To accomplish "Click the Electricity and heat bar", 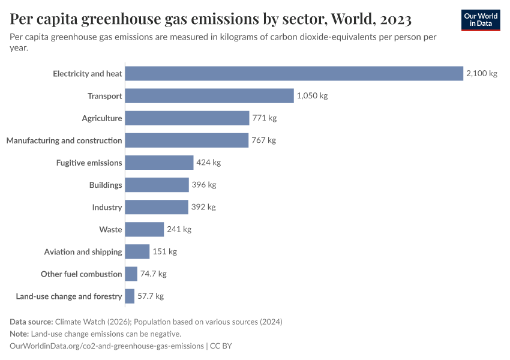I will click(x=294, y=74).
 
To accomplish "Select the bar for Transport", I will click(x=209, y=96).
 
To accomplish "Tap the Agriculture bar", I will click(x=187, y=118).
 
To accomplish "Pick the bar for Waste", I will click(x=145, y=229).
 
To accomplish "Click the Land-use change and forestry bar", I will click(x=130, y=296).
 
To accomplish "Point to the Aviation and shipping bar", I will click(x=137, y=251).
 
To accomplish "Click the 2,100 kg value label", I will click(x=482, y=74).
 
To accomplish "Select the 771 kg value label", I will click(x=264, y=118).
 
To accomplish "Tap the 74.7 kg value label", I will click(x=153, y=274).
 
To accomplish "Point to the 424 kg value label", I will click(x=208, y=163).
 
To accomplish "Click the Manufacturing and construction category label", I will click(x=64, y=140).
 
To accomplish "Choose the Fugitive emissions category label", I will click(x=89, y=163).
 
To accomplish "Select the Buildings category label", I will click(x=106, y=185).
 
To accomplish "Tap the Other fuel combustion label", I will click(x=81, y=274).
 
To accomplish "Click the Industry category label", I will click(x=107, y=207).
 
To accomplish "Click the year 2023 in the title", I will click(x=395, y=20).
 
